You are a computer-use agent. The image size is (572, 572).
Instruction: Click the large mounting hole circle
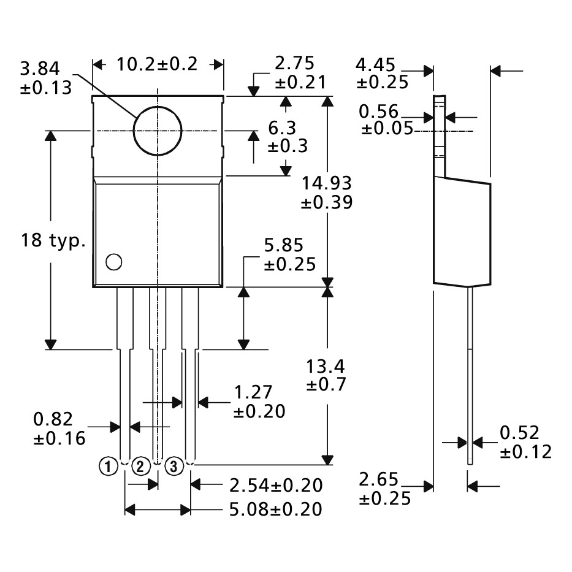[x=134, y=131]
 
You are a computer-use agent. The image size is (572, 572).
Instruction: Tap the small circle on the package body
[x=106, y=262]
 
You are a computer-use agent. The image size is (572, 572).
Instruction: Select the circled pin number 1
[x=108, y=466]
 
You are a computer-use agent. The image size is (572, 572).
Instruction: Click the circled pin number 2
[x=141, y=466]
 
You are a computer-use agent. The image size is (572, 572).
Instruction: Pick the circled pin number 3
[x=174, y=466]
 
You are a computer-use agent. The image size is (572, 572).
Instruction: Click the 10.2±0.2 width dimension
[x=157, y=64]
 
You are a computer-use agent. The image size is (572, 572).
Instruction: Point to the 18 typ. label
[x=53, y=241]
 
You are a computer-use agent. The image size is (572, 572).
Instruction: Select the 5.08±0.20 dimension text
[x=276, y=509]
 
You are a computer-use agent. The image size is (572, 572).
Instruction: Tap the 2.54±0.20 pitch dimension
[x=276, y=486]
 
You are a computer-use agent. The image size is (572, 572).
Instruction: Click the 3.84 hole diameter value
[x=40, y=69]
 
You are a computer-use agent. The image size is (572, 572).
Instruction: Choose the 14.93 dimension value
[x=327, y=183]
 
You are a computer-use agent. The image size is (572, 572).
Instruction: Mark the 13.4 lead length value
[x=325, y=367]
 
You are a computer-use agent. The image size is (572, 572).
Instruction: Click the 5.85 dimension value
[x=284, y=245]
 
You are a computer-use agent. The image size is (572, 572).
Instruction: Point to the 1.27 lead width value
[x=253, y=392]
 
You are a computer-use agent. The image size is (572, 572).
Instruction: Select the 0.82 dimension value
[x=53, y=419]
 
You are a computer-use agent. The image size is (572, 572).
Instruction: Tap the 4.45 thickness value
[x=375, y=65]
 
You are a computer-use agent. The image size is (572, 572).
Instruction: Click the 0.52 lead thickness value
[x=519, y=433]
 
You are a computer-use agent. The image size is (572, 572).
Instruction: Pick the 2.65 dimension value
[x=378, y=479]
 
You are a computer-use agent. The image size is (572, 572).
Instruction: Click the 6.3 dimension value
[x=282, y=128]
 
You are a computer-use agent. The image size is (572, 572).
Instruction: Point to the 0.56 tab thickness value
[x=379, y=111]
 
